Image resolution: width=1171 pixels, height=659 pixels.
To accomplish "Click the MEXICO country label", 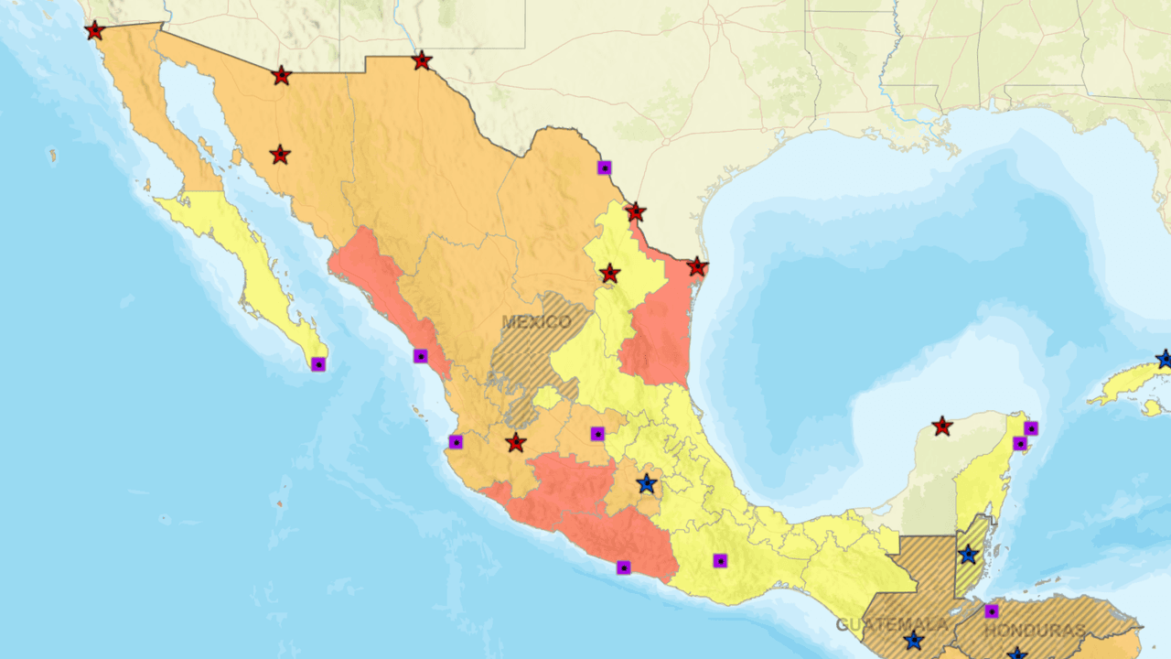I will point(536,322).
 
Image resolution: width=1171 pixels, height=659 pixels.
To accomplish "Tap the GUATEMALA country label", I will point(892,625).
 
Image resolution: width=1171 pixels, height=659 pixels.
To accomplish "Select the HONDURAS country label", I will point(1035,631).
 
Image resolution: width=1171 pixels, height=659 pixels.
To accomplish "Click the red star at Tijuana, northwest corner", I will point(94,31).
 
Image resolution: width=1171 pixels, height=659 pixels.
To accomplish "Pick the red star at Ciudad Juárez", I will point(421,61).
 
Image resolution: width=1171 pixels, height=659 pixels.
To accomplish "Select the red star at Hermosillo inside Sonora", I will point(280,156).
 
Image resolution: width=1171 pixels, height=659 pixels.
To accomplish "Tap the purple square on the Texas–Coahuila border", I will point(604,167).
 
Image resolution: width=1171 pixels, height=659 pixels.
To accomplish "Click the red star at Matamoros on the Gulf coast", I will point(697,267).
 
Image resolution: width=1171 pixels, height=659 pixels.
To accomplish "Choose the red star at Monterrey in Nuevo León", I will point(609,274).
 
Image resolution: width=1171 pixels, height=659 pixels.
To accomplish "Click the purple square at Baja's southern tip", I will point(318,364).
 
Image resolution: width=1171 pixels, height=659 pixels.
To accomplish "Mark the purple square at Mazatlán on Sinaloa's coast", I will point(421,356).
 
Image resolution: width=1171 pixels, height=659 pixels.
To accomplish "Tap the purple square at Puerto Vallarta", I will point(456,442).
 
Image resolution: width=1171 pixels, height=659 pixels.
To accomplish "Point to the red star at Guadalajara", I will point(516,443).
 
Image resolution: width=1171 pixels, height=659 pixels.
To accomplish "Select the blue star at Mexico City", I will point(647,483).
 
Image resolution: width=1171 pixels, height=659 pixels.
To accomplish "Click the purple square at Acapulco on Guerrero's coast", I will point(624,567).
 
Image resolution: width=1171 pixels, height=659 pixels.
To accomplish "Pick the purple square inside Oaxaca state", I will point(720,560).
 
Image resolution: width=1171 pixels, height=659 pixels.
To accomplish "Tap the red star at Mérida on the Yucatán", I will point(941,427).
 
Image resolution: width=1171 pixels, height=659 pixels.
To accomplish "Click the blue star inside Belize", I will point(968,555).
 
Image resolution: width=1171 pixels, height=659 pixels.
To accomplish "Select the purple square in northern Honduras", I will point(992,610).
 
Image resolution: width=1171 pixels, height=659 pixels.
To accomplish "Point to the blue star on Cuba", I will point(1164,359).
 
